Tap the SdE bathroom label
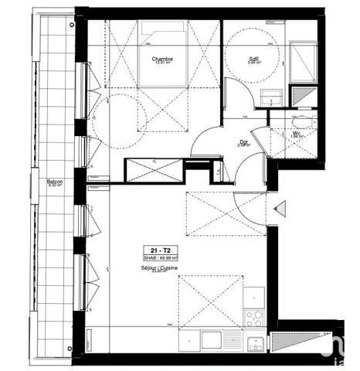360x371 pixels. coord(253,58)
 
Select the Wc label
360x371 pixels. coord(297,133)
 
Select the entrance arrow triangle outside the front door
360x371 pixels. coord(280,207)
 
